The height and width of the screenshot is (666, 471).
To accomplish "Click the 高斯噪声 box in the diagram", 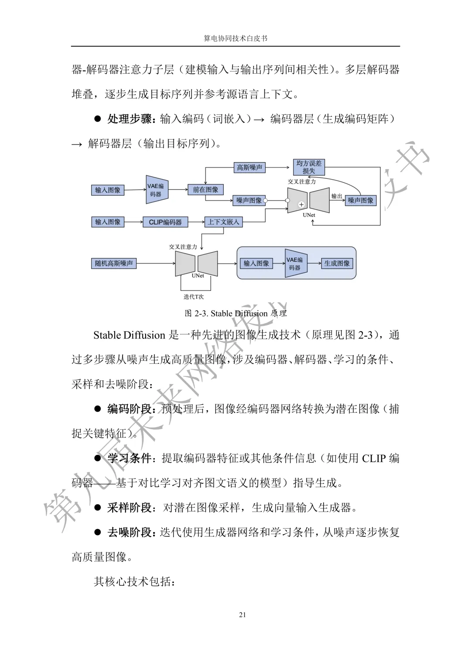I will tap(249, 167).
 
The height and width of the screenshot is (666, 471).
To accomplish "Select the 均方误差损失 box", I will tap(309, 167).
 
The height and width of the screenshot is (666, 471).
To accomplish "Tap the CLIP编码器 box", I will tap(165, 222).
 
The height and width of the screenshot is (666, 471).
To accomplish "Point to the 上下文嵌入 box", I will tap(223, 222).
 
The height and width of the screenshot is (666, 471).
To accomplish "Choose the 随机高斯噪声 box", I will tap(114, 263).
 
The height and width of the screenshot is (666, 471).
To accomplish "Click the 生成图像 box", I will tap(337, 263).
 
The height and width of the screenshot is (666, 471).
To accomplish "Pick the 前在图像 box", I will tap(205, 189).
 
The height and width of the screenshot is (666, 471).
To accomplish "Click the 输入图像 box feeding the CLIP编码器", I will tap(108, 222).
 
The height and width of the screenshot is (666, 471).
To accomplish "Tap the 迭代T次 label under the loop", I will tap(194, 297).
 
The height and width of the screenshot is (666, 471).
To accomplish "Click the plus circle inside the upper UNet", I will tap(301, 204).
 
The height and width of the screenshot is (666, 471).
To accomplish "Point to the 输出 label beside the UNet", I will tap(337, 196).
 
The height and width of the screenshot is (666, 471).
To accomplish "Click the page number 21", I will tap(242, 615).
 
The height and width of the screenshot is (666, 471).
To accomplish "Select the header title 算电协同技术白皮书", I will tap(235, 38).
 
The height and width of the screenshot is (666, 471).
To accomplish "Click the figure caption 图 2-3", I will tap(235, 314).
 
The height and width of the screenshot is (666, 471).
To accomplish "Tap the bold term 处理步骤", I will tap(130, 119).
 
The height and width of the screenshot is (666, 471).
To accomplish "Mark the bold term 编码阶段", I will tap(130, 409).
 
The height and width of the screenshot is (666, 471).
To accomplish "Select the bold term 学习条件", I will tap(130, 458).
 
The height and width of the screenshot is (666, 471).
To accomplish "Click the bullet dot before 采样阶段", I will tap(98, 508).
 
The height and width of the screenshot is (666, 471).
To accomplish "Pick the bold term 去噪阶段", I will tap(130, 533).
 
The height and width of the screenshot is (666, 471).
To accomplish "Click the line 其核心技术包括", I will tap(134, 582).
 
